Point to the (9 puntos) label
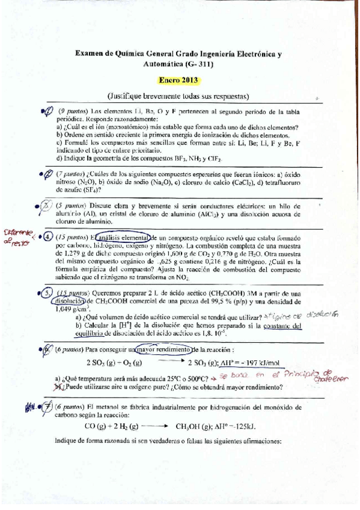coord(73,112)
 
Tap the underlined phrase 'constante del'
coord(279,325)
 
